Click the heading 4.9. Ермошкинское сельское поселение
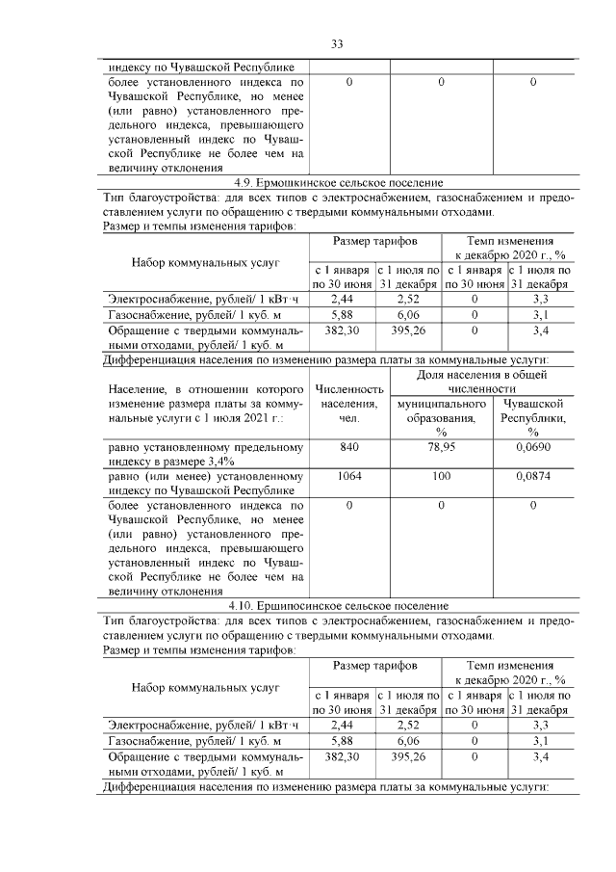coord(338,182)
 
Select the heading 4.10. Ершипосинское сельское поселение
coord(338,605)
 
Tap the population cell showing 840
coord(349,448)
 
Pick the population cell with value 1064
coord(349,476)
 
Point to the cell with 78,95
coord(440,448)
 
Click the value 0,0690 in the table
coord(532,448)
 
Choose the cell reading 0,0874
coord(532,476)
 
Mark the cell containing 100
coord(440,476)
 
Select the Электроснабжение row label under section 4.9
coord(204,299)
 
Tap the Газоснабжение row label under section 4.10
coord(194,741)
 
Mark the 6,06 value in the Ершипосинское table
coord(408,741)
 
